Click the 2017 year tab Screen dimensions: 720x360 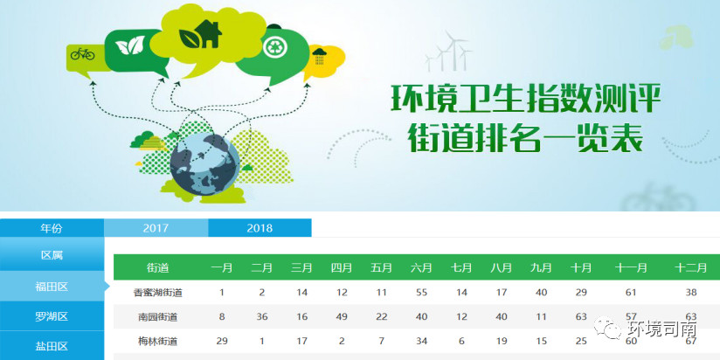click(156, 228)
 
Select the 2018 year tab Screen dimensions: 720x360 click(260, 228)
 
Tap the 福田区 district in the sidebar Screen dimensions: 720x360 click(52, 287)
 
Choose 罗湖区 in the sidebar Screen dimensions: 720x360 click(52, 316)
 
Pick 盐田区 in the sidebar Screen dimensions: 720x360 click(52, 345)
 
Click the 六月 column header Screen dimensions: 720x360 click(421, 267)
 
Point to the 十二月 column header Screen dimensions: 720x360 click(690, 267)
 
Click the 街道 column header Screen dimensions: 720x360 click(157, 267)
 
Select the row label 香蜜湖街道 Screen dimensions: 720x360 click(157, 293)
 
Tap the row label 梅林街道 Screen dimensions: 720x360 click(157, 341)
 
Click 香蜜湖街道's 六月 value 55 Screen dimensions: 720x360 click(421, 293)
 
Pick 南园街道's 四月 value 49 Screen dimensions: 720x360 click(342, 317)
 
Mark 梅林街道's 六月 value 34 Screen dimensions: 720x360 click(421, 341)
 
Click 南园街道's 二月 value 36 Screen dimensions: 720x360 click(262, 317)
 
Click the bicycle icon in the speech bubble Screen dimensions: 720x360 click(83, 54)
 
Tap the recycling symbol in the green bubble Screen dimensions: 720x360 click(275, 46)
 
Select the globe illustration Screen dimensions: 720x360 click(204, 164)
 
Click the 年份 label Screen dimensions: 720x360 click(52, 228)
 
